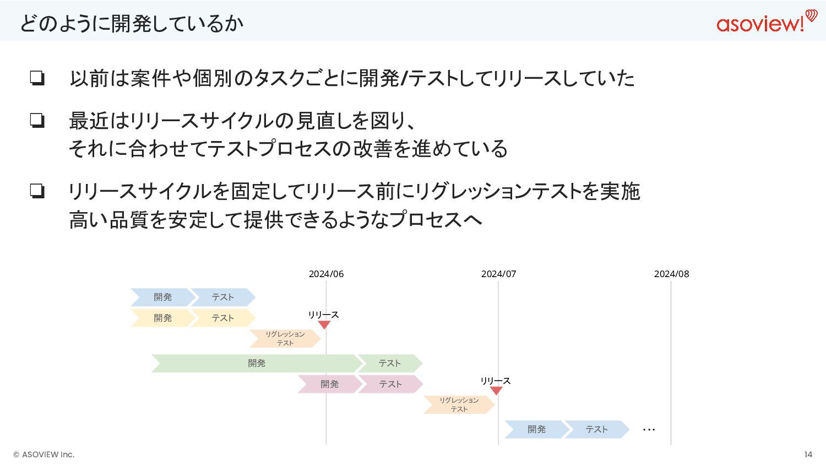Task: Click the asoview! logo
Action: point(766,22)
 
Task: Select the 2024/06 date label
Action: point(326,274)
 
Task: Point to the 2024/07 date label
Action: point(498,274)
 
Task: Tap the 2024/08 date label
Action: point(671,274)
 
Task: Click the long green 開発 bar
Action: point(256,363)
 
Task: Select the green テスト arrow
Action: point(390,363)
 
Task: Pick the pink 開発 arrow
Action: point(329,384)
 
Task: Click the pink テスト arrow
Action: point(390,384)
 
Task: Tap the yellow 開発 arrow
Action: point(162,318)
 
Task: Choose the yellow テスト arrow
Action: point(222,318)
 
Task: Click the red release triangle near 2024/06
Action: point(324,325)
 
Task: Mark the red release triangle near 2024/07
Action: point(496,391)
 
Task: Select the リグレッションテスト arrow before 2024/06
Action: point(285,338)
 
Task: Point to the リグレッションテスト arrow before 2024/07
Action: point(459,404)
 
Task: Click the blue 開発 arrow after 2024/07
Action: point(536,429)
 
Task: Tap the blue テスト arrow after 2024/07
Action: point(596,429)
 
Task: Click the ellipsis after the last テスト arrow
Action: point(649,430)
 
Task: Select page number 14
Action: point(808,455)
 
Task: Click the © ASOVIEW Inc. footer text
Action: point(44,455)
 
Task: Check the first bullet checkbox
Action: point(37,78)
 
